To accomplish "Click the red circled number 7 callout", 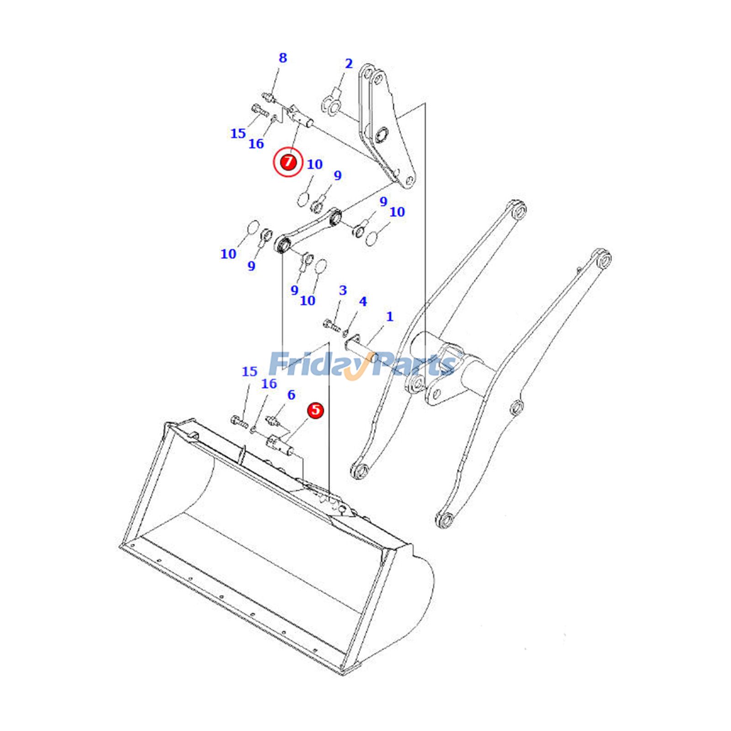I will tap(288, 162).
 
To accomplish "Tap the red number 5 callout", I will tap(315, 410).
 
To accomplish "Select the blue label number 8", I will tap(283, 58).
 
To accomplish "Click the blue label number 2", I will tap(349, 64).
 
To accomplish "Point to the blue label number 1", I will tap(390, 316).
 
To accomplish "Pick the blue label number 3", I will tap(343, 290).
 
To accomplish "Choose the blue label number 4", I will tap(363, 301).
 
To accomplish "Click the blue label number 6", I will tap(291, 395).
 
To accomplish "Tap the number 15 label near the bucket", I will tap(249, 371).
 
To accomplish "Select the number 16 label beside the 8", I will tap(256, 144).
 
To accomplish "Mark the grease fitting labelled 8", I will tap(269, 97).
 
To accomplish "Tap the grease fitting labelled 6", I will tap(273, 420).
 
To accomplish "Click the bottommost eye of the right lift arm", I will tap(445, 519).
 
